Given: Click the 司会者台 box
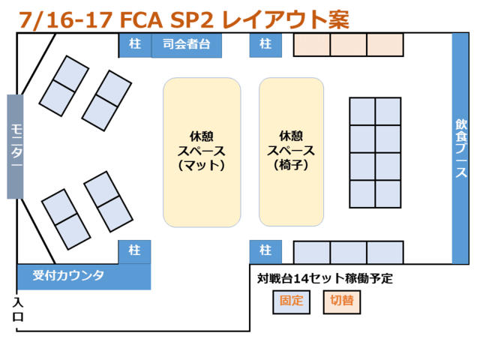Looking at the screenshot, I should point(187,45).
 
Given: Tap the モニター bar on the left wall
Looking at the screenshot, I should point(16,146).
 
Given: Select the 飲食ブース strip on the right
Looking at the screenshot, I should point(460,148).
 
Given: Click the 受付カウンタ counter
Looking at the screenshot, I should point(83,276).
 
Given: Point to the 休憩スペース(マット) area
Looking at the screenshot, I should point(202,152).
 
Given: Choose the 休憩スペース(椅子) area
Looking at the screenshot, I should point(291,152).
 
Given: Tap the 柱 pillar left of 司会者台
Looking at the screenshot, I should point(135,45).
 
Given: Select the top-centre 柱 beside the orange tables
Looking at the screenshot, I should point(265,45).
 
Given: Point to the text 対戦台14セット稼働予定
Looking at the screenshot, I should point(325,279).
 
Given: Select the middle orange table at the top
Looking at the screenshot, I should point(348,45).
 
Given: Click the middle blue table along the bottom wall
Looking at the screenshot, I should point(348,252).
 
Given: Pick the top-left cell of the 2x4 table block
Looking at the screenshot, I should point(362,112).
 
